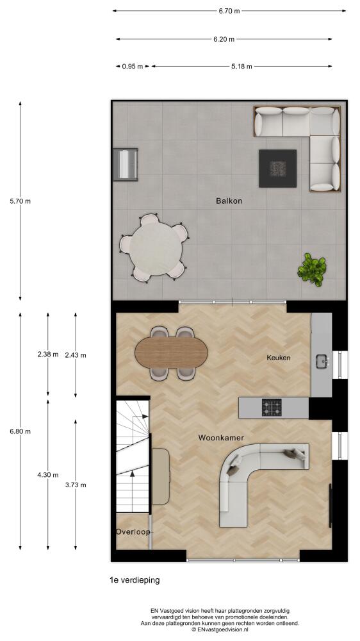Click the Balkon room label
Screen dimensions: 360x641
point(229,201)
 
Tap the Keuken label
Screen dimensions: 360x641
point(278,358)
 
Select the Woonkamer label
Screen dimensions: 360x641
point(221,438)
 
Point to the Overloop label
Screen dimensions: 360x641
point(133,532)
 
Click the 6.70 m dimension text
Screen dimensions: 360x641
point(229,11)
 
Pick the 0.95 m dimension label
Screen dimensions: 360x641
point(133,66)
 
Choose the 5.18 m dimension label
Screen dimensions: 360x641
point(241,66)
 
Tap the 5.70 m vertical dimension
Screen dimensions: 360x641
point(20,201)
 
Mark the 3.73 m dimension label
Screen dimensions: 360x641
point(76,485)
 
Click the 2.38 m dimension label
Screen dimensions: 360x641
point(48,354)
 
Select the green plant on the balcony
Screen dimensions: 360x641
point(312,269)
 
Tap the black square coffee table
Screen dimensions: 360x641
point(277,169)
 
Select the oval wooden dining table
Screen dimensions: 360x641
point(172,353)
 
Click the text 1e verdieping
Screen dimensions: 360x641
point(135,580)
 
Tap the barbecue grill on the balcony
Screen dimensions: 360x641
point(126,164)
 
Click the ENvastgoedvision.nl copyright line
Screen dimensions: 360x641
point(220,630)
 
